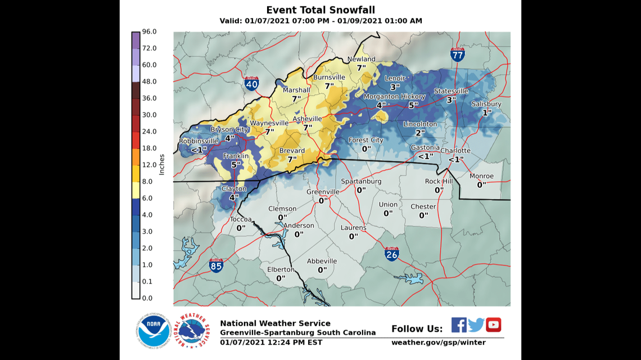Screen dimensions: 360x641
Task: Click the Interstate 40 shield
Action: (x=252, y=84)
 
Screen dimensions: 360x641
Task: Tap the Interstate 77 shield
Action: (x=457, y=55)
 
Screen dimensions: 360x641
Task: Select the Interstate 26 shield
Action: (x=392, y=254)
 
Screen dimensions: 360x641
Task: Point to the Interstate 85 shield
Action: (x=216, y=265)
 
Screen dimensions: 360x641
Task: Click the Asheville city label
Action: (x=307, y=119)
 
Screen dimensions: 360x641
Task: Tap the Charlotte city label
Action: (x=455, y=151)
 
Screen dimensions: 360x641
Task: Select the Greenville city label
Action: (x=323, y=192)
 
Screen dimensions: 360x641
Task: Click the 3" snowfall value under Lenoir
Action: (x=395, y=87)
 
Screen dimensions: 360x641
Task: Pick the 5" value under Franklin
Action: (x=236, y=165)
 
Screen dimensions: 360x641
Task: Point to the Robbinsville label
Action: (x=198, y=141)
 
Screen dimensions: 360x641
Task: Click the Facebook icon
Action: (x=459, y=325)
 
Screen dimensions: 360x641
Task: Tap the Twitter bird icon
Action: (x=476, y=325)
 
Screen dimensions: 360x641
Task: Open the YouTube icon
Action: (x=494, y=325)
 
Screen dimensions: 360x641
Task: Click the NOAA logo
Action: (x=153, y=331)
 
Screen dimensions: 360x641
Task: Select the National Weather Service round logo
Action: (x=192, y=331)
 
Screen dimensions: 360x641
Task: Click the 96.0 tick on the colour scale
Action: (x=149, y=31)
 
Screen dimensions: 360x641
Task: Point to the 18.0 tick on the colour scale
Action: (x=149, y=148)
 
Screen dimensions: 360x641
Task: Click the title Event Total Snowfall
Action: (x=320, y=10)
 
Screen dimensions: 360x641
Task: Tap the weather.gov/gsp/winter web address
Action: (x=439, y=342)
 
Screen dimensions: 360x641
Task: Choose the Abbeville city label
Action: (x=322, y=261)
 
